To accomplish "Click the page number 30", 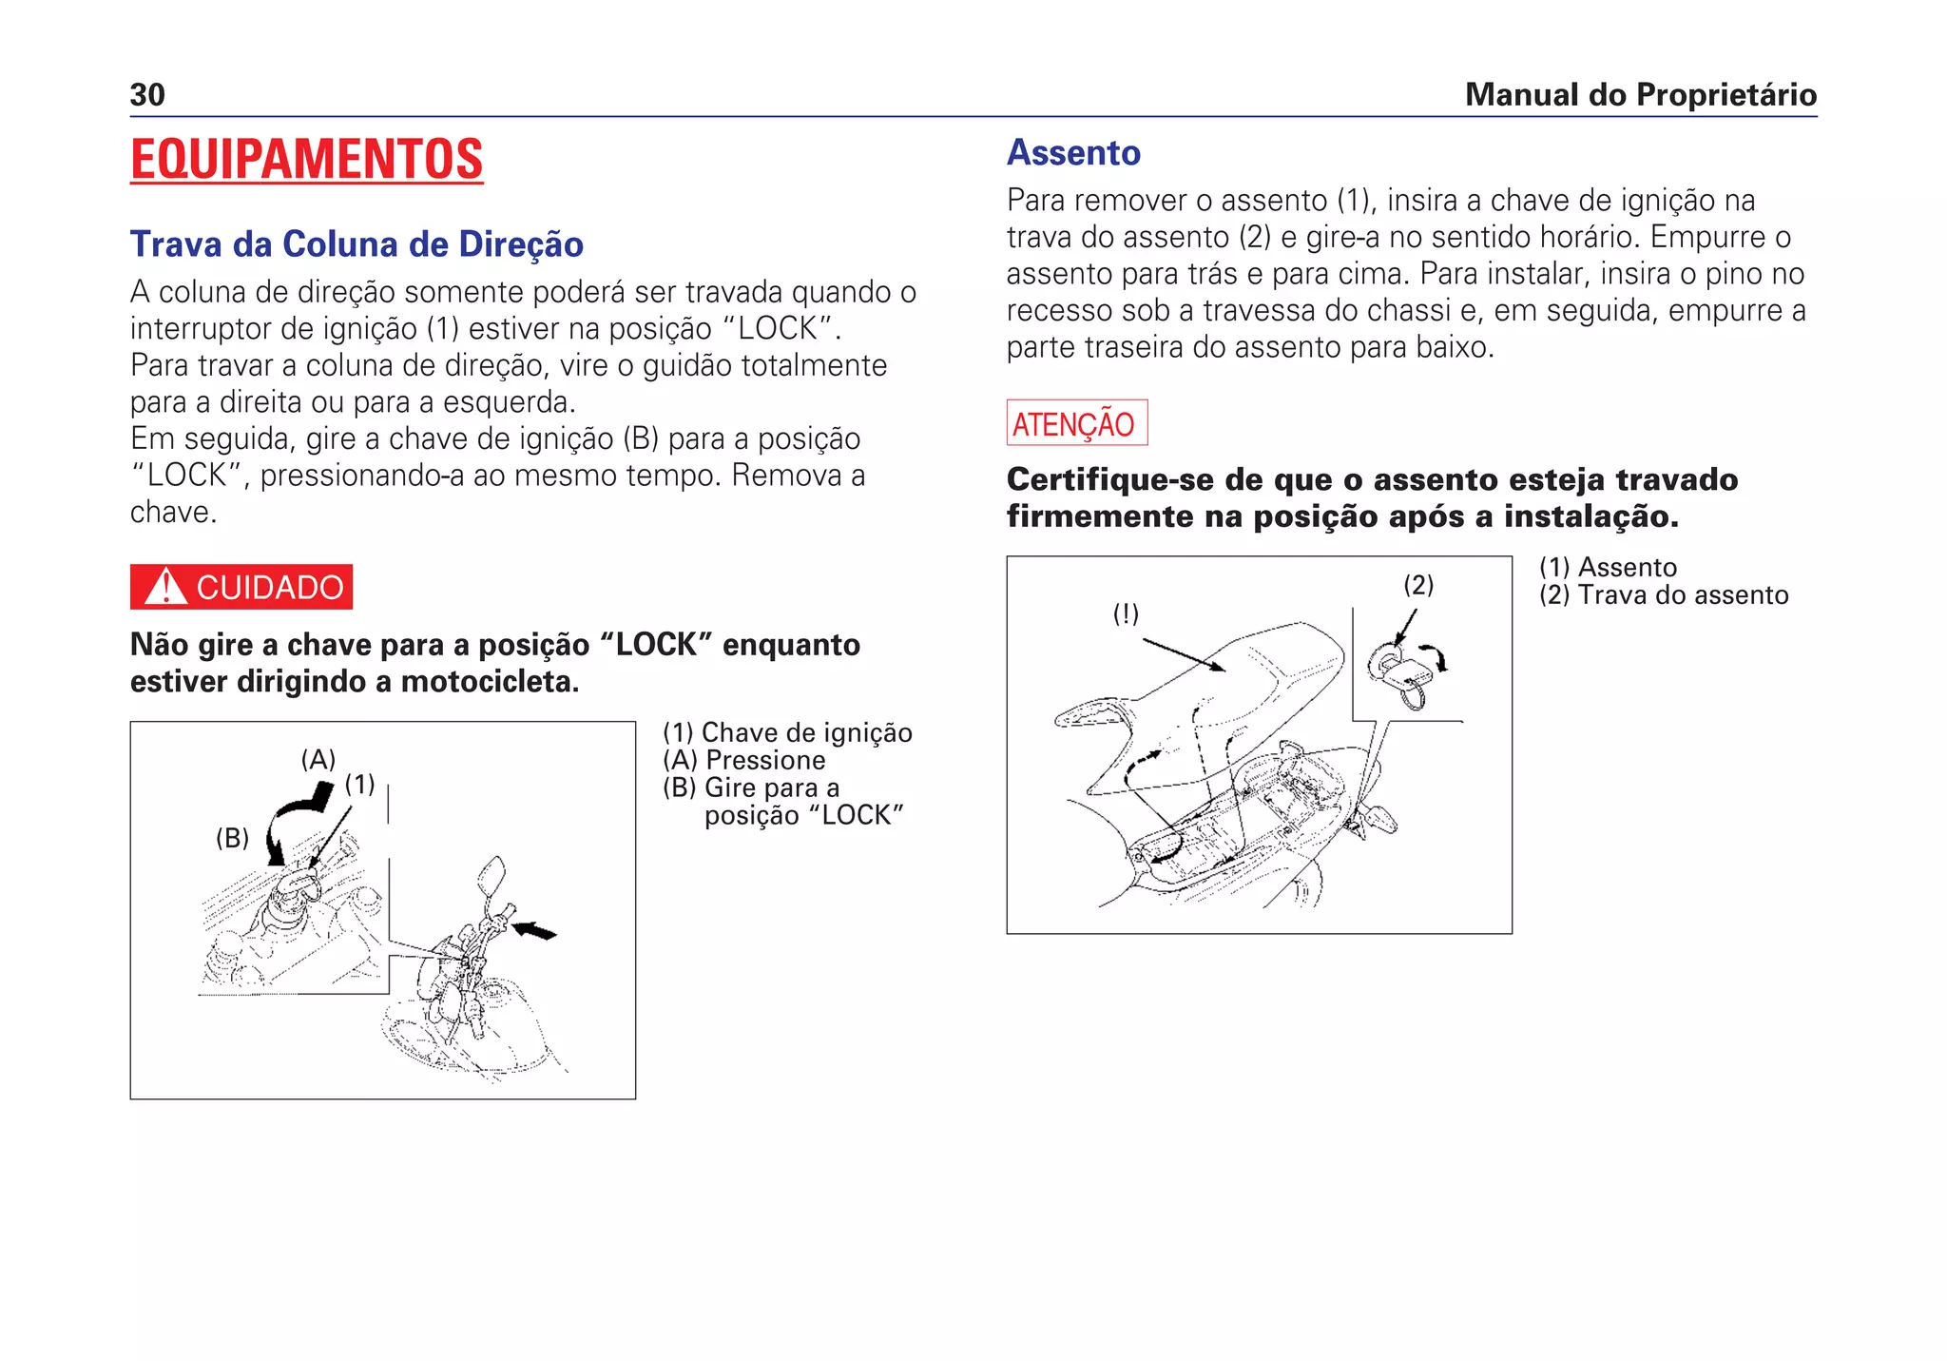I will pyautogui.click(x=147, y=95).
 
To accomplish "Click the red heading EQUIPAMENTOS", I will pyautogui.click(x=306, y=159).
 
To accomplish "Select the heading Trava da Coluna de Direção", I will pyautogui.click(x=357, y=244).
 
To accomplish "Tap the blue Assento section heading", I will pyautogui.click(x=1073, y=153).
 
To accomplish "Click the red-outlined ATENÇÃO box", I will pyautogui.click(x=1076, y=423).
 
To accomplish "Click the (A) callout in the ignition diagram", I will pyautogui.click(x=318, y=760).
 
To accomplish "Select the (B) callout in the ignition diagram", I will pyautogui.click(x=232, y=838).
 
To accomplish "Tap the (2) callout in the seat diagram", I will pyautogui.click(x=1418, y=585).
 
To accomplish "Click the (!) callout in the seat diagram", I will pyautogui.click(x=1126, y=614).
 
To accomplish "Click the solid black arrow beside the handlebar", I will pyautogui.click(x=535, y=930).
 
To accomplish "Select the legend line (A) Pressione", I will pyautogui.click(x=744, y=761).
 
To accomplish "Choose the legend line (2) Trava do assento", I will pyautogui.click(x=1664, y=595).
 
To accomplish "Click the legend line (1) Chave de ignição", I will pyautogui.click(x=787, y=733).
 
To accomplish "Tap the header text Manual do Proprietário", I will pyautogui.click(x=1640, y=95).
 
